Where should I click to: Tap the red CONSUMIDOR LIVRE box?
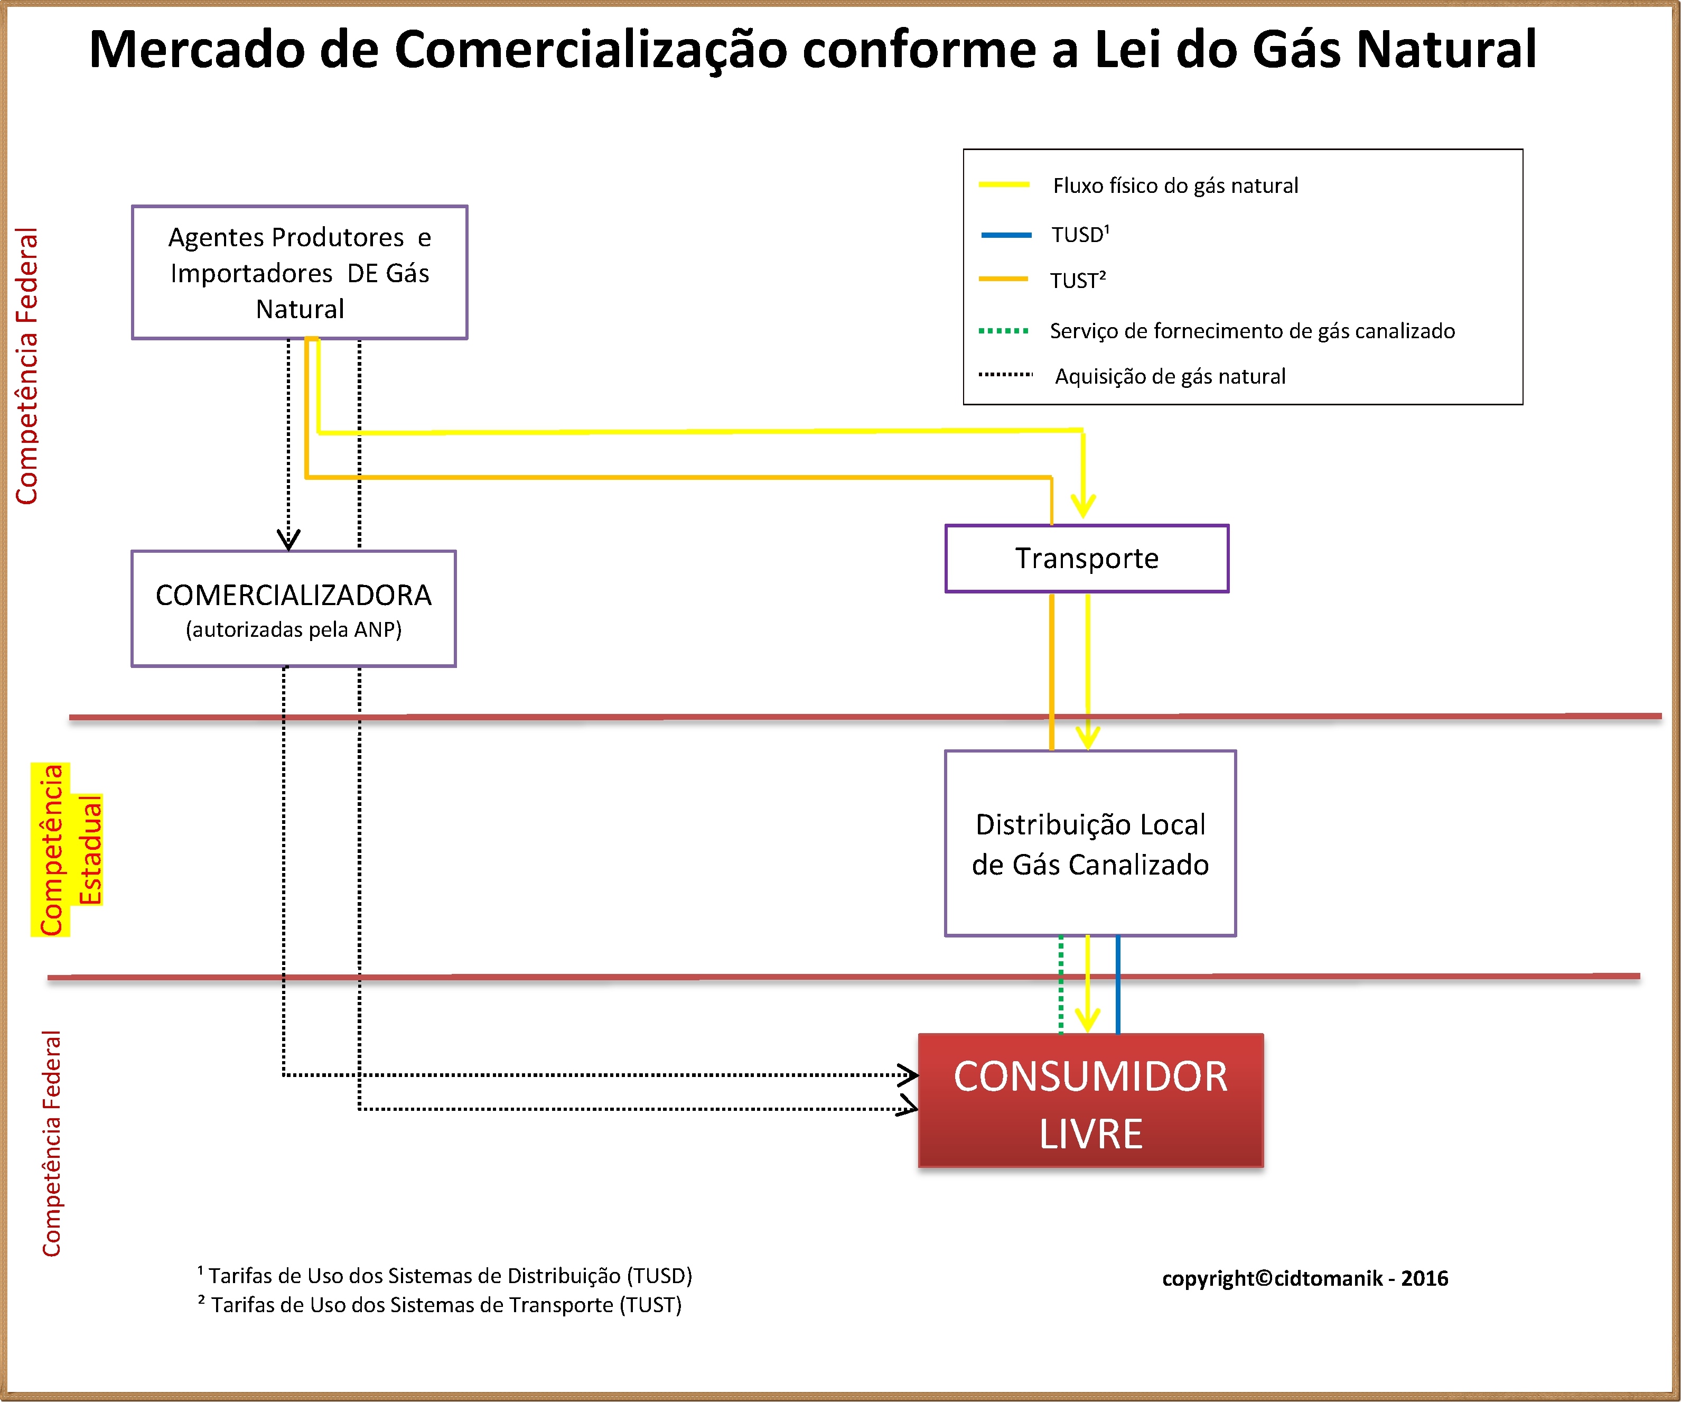click(1090, 1101)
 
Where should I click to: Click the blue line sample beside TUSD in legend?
click(1006, 235)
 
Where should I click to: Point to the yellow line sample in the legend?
click(1004, 185)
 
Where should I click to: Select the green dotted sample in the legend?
click(1004, 331)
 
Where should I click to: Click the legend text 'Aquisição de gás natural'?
click(1170, 376)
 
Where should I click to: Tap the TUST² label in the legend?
click(1078, 280)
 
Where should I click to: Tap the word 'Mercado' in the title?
click(198, 50)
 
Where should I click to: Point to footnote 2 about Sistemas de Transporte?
click(440, 1305)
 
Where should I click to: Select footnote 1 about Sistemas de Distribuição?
click(444, 1276)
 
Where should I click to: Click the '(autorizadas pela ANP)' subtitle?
click(294, 630)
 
